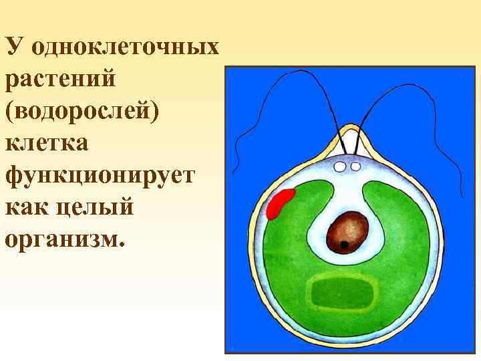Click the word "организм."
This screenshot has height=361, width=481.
click(x=64, y=239)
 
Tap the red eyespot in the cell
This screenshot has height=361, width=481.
click(x=281, y=203)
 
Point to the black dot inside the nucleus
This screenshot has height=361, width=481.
click(x=343, y=245)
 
